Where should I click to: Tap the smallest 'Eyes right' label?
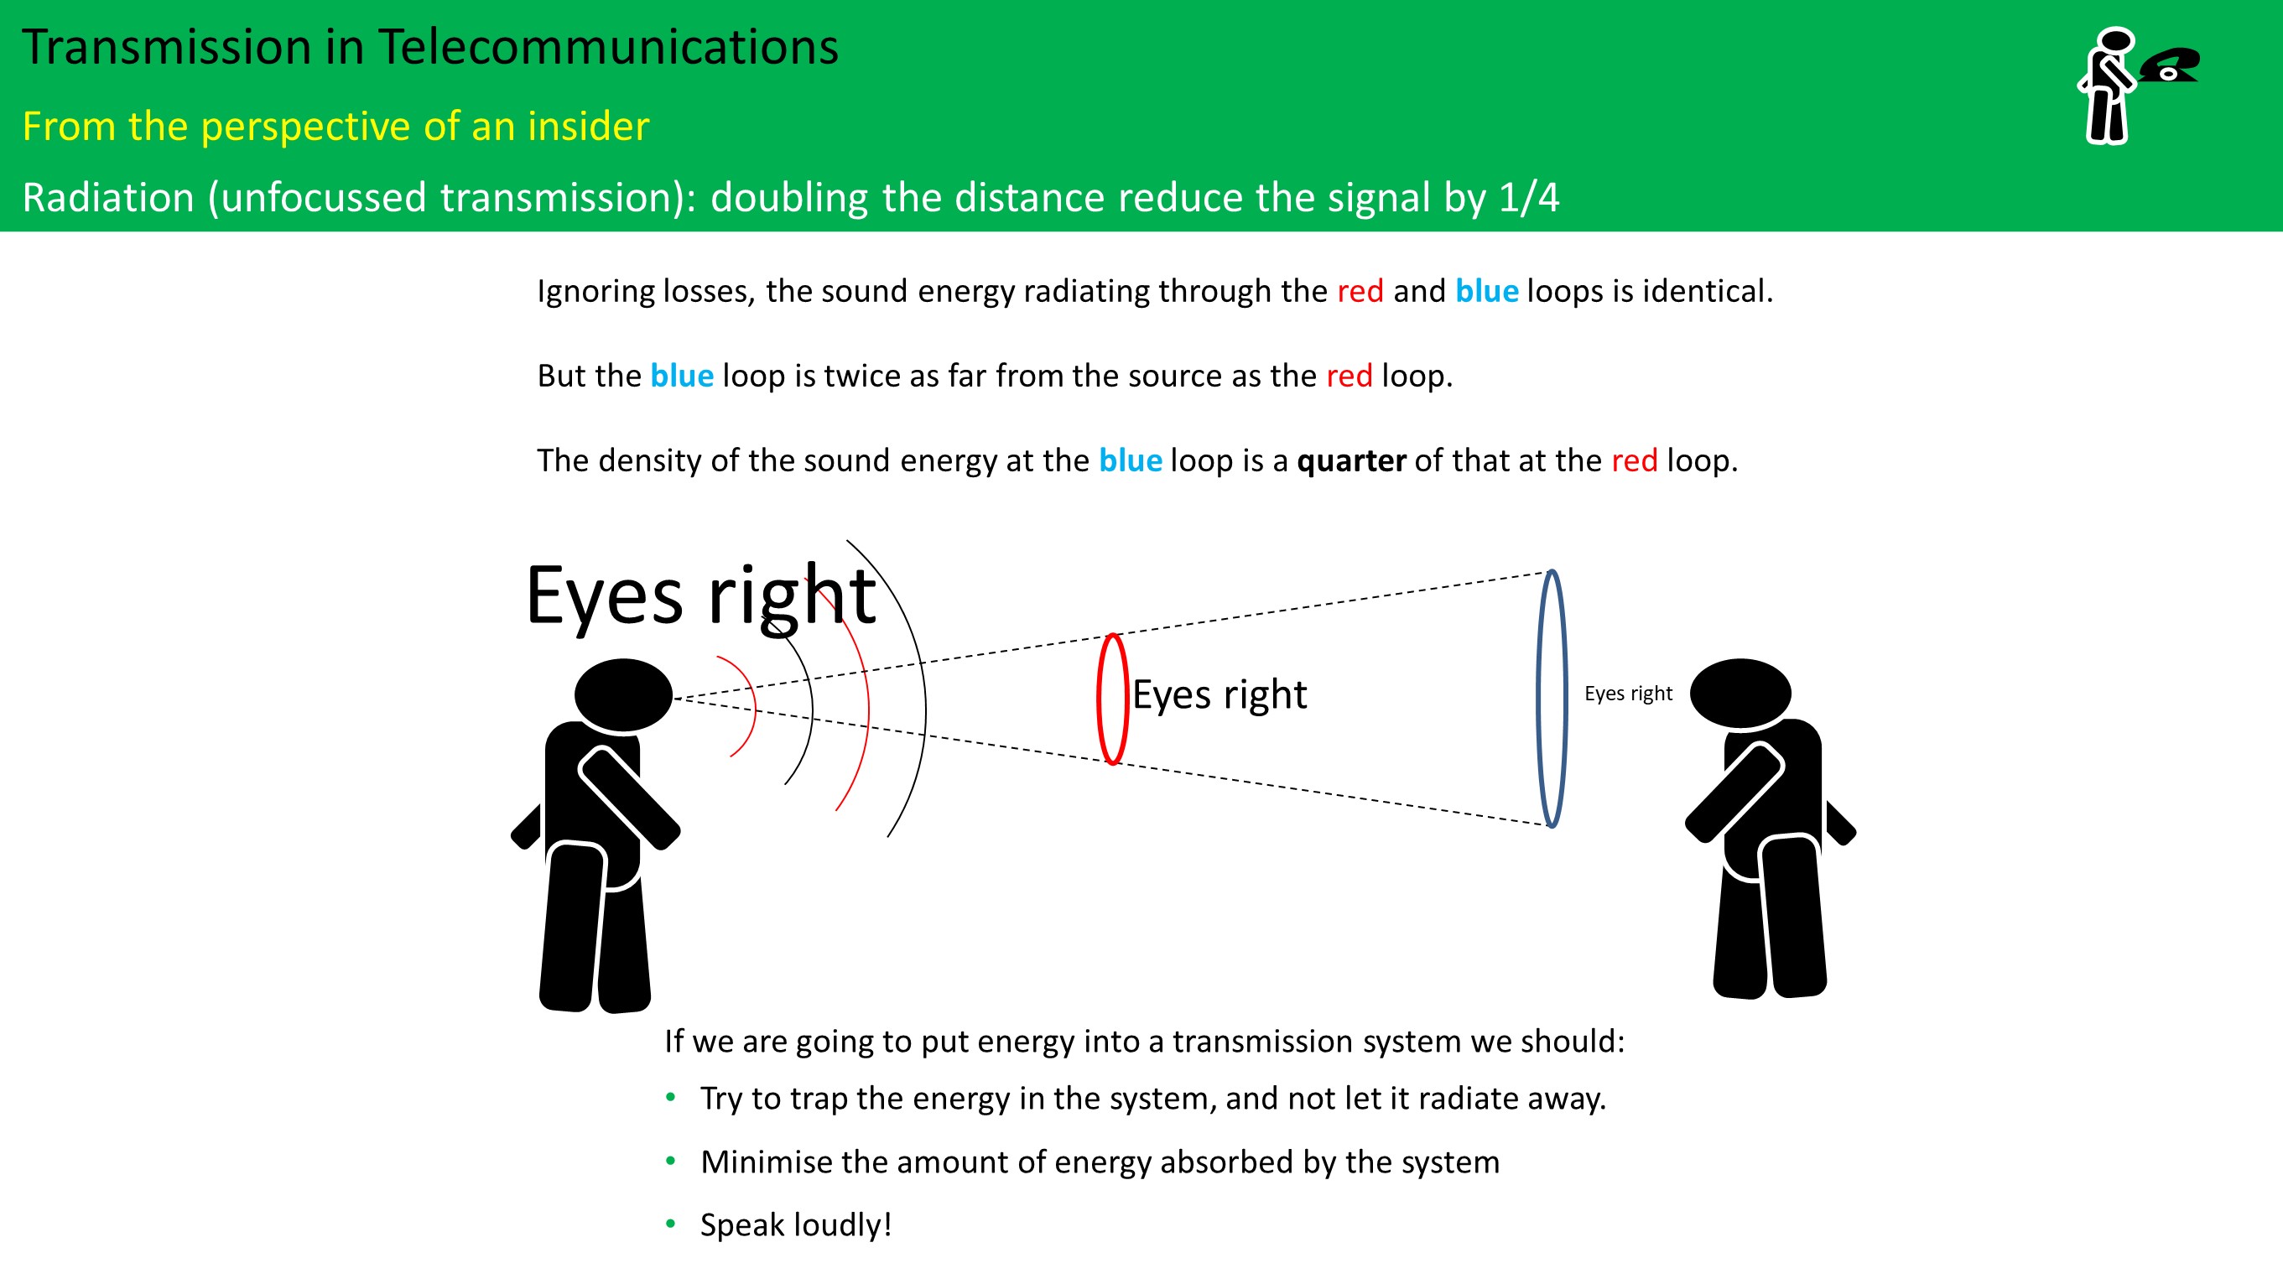tap(1628, 693)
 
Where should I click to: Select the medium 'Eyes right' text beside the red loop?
tap(1220, 694)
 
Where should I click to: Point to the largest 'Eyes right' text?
tap(700, 595)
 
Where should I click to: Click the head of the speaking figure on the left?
tap(623, 694)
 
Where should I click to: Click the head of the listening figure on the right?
tap(1740, 694)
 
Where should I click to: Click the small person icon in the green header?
tap(2108, 86)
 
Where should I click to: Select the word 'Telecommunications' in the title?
tap(608, 47)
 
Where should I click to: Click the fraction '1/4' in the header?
tap(1529, 197)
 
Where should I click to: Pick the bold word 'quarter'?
tap(1350, 460)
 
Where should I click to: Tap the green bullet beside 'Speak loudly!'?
tap(671, 1224)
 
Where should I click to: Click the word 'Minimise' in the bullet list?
tap(767, 1162)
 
